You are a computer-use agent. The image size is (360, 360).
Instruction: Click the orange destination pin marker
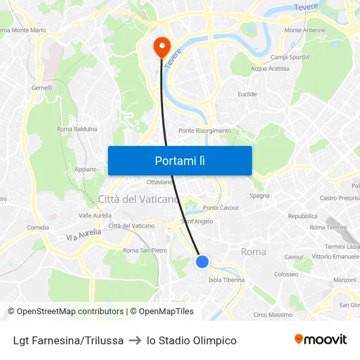pos(161,46)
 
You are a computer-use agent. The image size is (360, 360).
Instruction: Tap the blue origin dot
pos(202,262)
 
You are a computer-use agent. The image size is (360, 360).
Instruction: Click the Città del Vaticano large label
pos(138,199)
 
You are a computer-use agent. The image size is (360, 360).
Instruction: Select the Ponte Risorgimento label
pos(205,130)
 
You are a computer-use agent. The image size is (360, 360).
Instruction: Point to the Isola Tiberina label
pos(226,279)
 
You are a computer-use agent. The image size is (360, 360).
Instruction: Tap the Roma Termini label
pos(328,227)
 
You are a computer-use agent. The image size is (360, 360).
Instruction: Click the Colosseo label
pos(286,274)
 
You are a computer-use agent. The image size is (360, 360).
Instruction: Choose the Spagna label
pos(260,196)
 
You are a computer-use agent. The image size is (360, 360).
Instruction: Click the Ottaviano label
pos(160,181)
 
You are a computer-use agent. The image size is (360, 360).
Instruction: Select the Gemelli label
pos(41,88)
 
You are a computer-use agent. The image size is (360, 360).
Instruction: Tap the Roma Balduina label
pos(77,129)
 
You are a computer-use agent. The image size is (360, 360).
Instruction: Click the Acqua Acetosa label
pos(270,68)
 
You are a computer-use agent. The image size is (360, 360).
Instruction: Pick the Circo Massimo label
pos(273,315)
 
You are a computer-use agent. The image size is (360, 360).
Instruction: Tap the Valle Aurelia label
pos(94,215)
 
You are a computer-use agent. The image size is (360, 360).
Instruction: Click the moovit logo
pos(320,339)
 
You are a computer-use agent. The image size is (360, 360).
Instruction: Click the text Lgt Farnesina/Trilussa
pos(68,340)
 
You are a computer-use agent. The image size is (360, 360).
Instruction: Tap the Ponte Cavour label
pos(221,207)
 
